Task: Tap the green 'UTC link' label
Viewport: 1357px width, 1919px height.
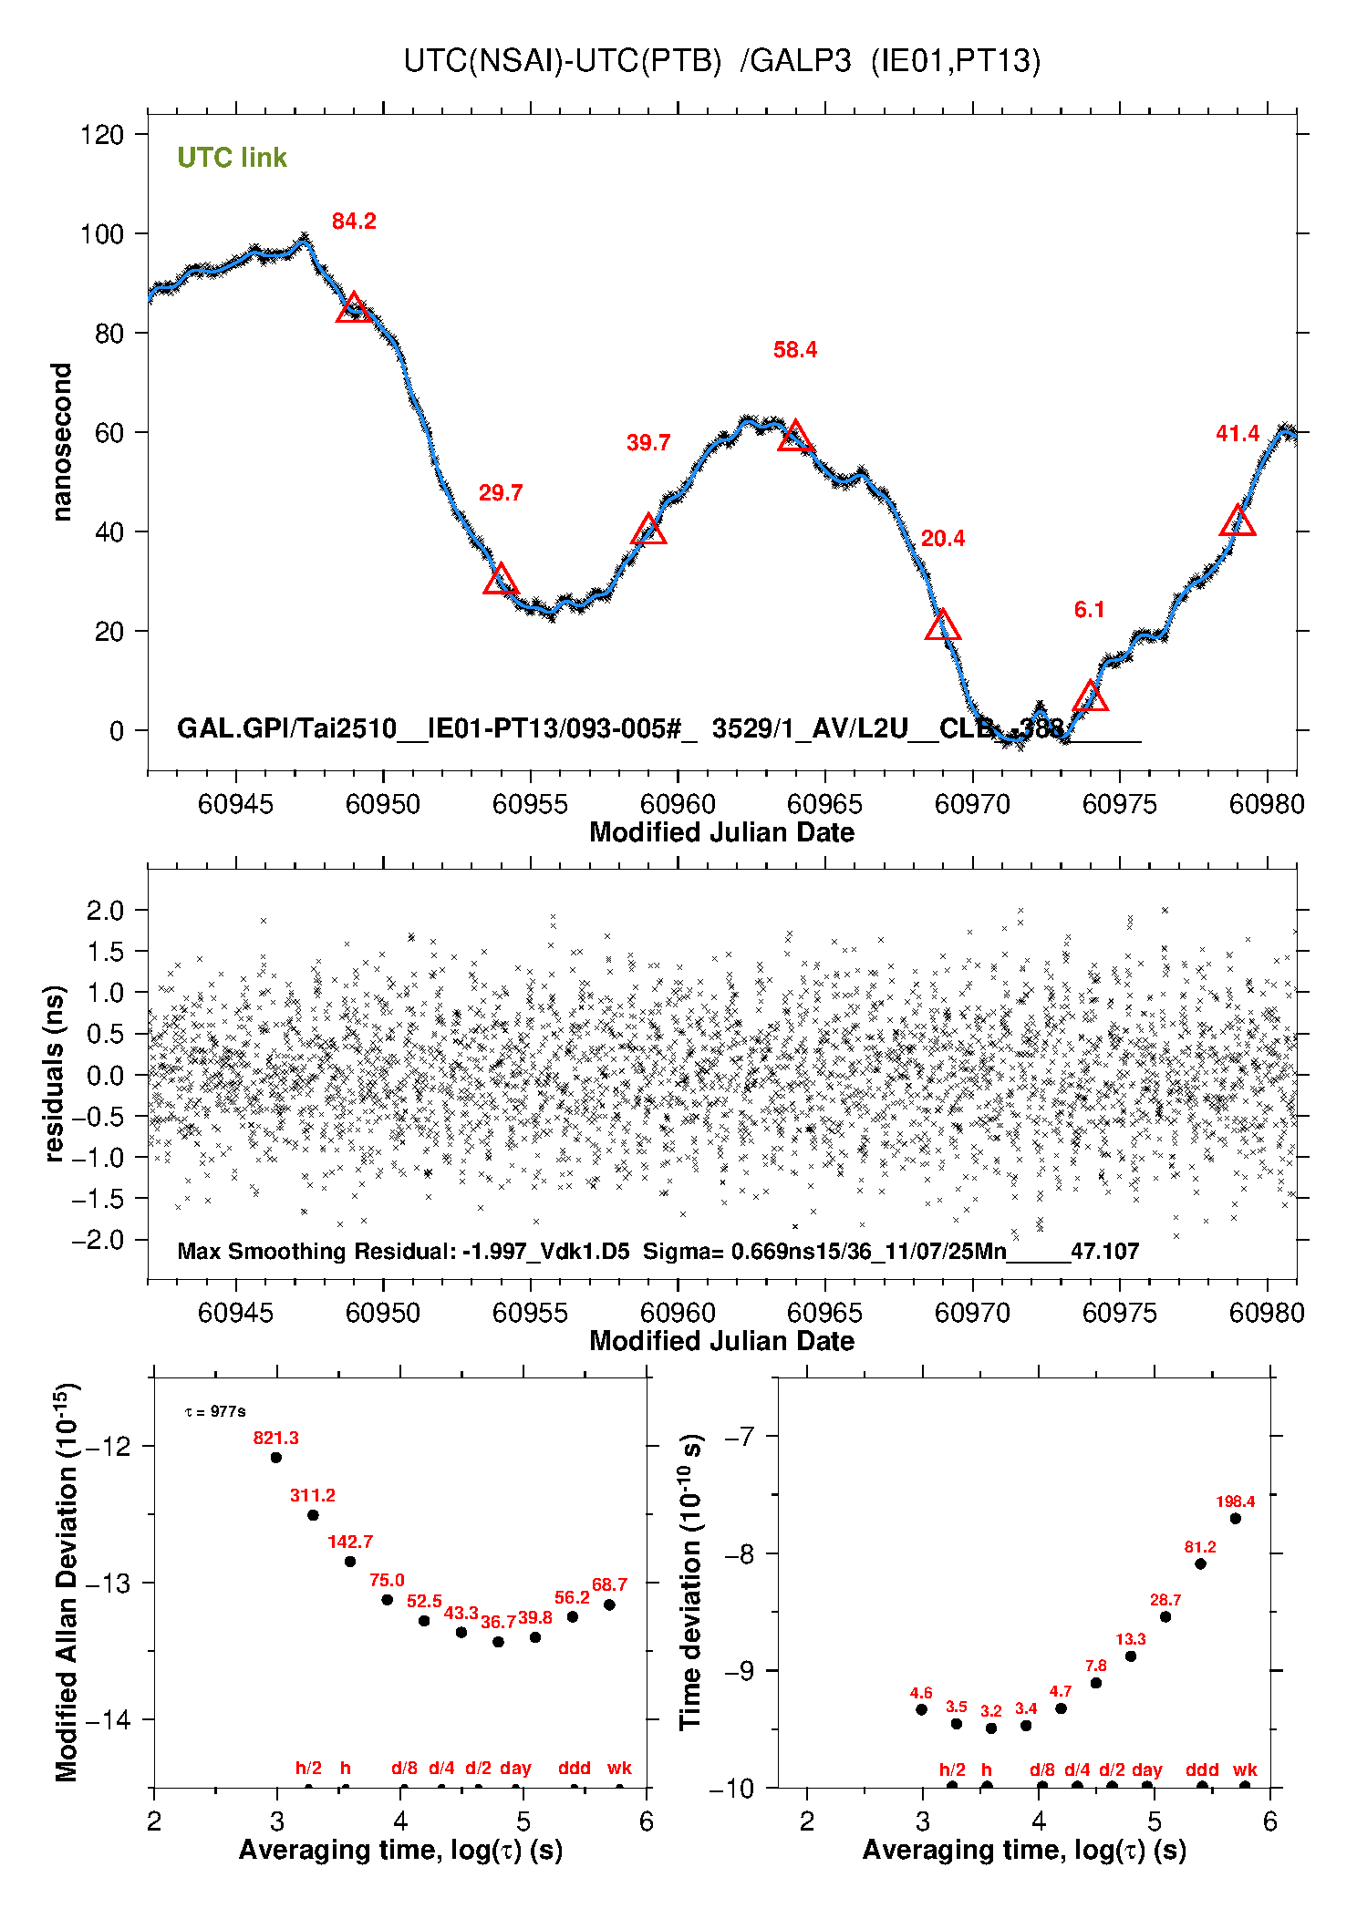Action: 232,158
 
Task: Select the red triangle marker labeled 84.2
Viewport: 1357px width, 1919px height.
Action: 354,308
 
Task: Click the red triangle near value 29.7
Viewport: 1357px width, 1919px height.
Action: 501,580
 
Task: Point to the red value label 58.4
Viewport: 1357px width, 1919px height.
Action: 795,350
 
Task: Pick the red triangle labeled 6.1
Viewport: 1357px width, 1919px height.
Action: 1090,697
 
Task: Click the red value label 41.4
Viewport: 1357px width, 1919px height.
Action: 1238,434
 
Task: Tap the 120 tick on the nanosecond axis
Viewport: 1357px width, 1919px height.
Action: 102,135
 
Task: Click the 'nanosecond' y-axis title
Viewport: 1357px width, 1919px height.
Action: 61,442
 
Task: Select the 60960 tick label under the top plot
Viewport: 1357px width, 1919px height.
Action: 678,804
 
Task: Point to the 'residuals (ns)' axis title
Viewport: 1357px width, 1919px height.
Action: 55,1073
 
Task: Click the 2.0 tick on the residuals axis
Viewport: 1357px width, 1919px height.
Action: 105,910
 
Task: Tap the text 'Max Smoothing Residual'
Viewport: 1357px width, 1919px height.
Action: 316,1251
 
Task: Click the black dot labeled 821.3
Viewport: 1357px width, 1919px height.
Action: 276,1457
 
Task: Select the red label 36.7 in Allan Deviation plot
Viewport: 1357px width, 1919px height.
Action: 498,1621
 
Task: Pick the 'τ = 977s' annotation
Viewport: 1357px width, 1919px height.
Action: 215,1411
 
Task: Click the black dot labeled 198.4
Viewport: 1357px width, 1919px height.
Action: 1236,1518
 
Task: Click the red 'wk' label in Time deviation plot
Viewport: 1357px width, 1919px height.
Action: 1245,1769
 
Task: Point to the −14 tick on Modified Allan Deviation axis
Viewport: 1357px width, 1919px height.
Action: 107,1719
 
